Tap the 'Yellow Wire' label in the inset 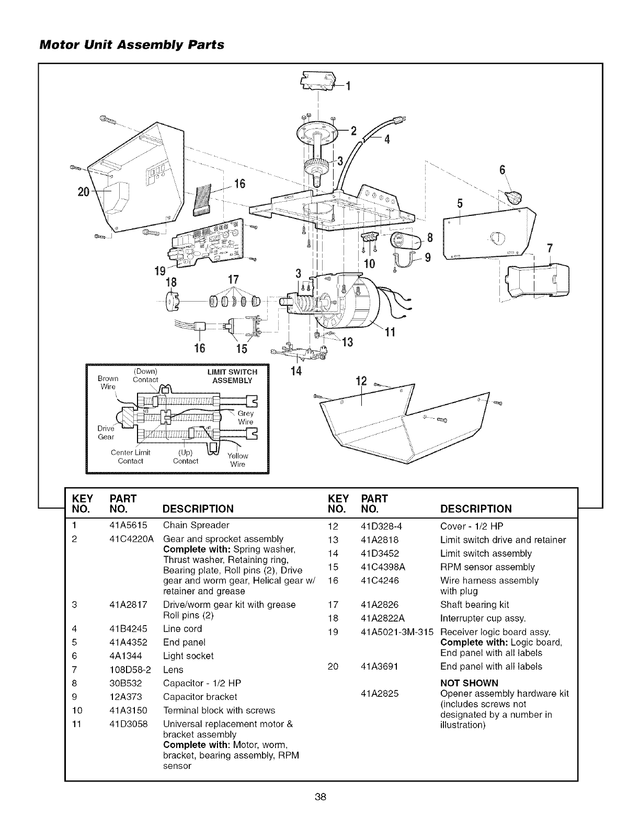pos(237,459)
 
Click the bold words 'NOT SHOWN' pos(470,683)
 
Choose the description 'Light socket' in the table pos(188,656)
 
